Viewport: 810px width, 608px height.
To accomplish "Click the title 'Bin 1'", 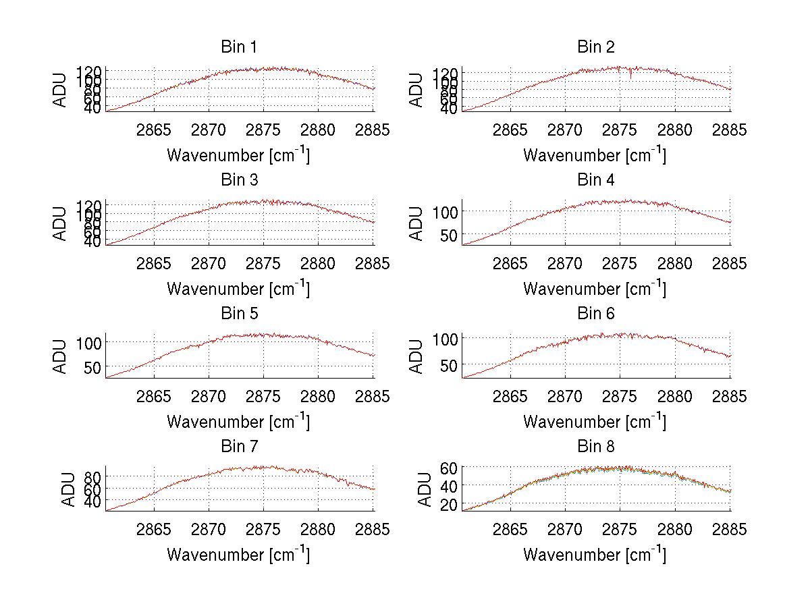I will [x=238, y=47].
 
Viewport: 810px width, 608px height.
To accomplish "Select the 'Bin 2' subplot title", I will [x=595, y=47].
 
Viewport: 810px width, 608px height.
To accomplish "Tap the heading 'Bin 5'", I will [x=238, y=314].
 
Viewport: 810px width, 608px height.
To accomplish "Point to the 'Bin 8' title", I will [x=595, y=447].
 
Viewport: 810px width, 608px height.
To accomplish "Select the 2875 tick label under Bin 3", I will [x=264, y=263].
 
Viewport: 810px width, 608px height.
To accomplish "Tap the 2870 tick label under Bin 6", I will [x=565, y=396].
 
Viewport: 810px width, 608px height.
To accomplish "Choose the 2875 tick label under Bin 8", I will [x=620, y=529].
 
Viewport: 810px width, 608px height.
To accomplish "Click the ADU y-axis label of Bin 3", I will [x=61, y=223].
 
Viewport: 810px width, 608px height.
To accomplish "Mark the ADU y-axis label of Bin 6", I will [x=417, y=356].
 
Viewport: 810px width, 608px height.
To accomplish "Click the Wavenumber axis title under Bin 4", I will [x=594, y=289].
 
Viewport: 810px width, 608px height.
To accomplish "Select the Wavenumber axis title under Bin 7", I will [x=238, y=555].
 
